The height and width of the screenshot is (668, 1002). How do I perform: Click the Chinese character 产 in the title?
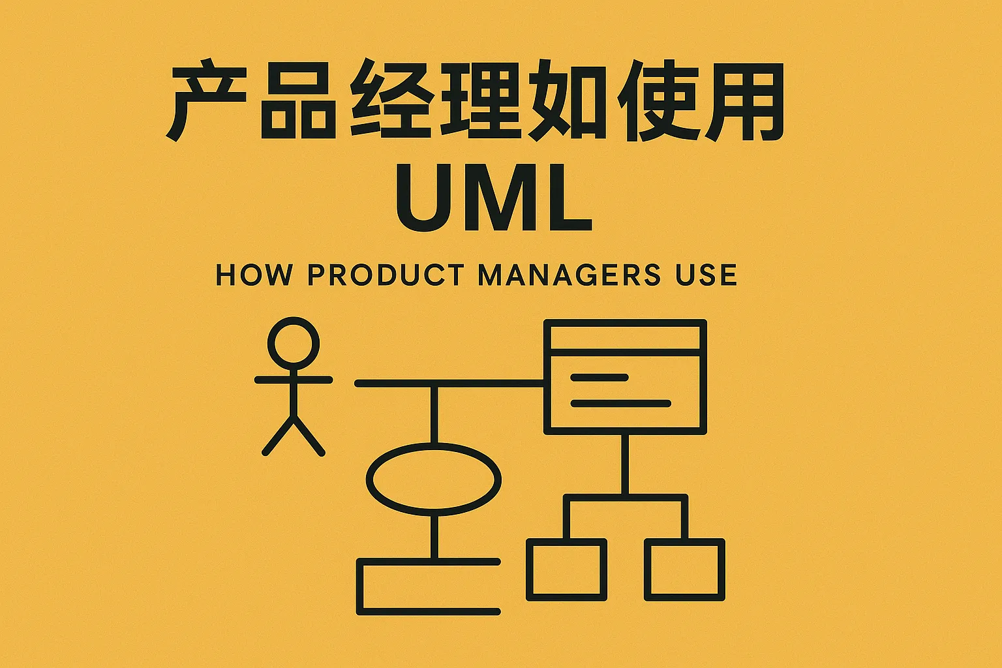click(x=206, y=100)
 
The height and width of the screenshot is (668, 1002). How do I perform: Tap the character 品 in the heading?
click(x=298, y=100)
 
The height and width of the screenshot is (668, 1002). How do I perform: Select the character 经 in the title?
click(x=391, y=99)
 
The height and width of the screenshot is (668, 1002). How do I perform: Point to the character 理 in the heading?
click(x=481, y=99)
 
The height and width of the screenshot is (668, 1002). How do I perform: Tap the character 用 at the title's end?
click(x=744, y=101)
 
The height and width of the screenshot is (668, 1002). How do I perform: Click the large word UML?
click(x=494, y=198)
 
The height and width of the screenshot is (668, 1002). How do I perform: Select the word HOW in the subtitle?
click(x=254, y=274)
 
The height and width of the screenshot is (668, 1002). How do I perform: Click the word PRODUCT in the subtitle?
click(x=386, y=274)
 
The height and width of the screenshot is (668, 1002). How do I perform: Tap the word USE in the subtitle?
click(x=706, y=274)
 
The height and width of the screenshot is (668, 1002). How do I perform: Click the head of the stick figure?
click(x=294, y=344)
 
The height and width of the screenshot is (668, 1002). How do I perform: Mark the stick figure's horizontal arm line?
click(x=294, y=380)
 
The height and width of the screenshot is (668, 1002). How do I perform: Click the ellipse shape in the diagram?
click(x=433, y=479)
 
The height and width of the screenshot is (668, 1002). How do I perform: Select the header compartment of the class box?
click(x=625, y=338)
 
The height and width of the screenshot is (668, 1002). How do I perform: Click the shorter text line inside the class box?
click(x=600, y=378)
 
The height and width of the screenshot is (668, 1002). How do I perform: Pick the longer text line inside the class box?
click(x=621, y=404)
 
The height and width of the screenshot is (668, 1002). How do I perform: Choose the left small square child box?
click(x=566, y=569)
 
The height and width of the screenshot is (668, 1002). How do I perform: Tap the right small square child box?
click(x=684, y=569)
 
